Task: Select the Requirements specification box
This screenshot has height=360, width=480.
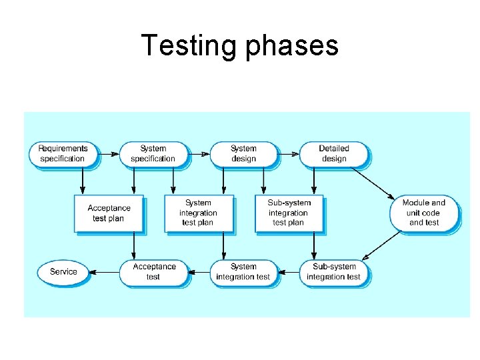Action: click(62, 154)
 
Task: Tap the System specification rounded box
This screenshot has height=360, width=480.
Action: click(153, 154)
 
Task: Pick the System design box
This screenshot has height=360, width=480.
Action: click(243, 154)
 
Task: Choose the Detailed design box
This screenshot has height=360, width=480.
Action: click(333, 154)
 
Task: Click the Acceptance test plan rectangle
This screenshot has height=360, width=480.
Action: click(108, 213)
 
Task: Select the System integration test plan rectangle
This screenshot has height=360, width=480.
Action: click(198, 213)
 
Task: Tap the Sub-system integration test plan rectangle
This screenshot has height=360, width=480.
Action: click(289, 213)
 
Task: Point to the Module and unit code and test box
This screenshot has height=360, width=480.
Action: click(424, 213)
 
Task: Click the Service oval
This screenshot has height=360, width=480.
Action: click(63, 272)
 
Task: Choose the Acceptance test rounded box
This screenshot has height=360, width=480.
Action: click(153, 272)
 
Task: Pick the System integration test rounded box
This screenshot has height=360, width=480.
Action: click(243, 272)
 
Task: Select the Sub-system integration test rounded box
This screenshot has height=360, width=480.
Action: click(333, 272)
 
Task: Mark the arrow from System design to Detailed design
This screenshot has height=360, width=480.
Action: click(287, 154)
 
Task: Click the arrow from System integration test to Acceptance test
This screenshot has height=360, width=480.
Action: click(198, 272)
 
